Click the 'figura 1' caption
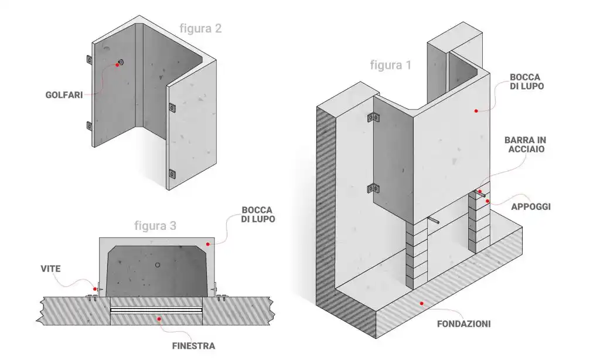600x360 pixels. [390, 65]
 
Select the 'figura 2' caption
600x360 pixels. [200, 28]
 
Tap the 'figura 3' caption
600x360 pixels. [155, 225]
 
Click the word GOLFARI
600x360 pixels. [63, 94]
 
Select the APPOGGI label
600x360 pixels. [531, 206]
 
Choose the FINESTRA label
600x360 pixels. [193, 346]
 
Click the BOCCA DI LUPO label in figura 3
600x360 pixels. [257, 214]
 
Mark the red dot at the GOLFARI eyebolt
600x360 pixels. [117, 65]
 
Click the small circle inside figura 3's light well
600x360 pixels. [157, 265]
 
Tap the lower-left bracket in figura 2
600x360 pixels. [88, 125]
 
